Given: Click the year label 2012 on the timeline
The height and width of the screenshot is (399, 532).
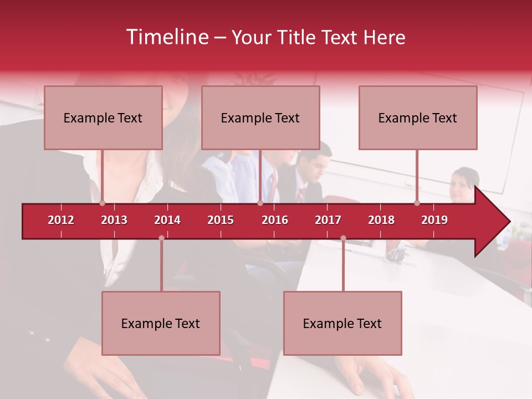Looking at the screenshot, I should tap(61, 220).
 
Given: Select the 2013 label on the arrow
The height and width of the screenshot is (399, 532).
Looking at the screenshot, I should tap(114, 220).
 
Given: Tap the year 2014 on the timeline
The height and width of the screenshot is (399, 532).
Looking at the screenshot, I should tap(167, 220).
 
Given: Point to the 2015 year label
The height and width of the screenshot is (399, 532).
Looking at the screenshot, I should tap(221, 220).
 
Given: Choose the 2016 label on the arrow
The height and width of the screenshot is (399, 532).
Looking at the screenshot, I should tap(275, 220).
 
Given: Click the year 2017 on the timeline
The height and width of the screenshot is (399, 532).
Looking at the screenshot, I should tap(328, 220).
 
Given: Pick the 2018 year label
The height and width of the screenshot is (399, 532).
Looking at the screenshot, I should tap(381, 220).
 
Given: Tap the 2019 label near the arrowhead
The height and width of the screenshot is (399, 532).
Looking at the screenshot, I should tap(434, 220).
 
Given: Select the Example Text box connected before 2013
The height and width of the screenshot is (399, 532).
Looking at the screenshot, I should tap(103, 117).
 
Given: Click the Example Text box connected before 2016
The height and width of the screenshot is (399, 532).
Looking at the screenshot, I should tap(260, 117).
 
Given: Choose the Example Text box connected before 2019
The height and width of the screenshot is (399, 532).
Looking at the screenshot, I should tap(418, 117).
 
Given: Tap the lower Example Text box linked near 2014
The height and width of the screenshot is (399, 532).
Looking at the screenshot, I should tap(161, 323).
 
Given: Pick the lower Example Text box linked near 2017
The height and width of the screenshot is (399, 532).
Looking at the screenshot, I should tap(342, 323).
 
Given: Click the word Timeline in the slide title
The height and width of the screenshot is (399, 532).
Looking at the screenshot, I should tap(167, 37).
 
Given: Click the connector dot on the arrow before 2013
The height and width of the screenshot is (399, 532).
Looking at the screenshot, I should tap(103, 203).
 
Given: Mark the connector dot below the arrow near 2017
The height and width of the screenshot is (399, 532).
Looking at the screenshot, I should tap(343, 238).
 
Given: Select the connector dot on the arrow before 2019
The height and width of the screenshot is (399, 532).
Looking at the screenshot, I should tap(417, 203).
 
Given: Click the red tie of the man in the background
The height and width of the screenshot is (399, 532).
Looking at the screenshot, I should tap(301, 194).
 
